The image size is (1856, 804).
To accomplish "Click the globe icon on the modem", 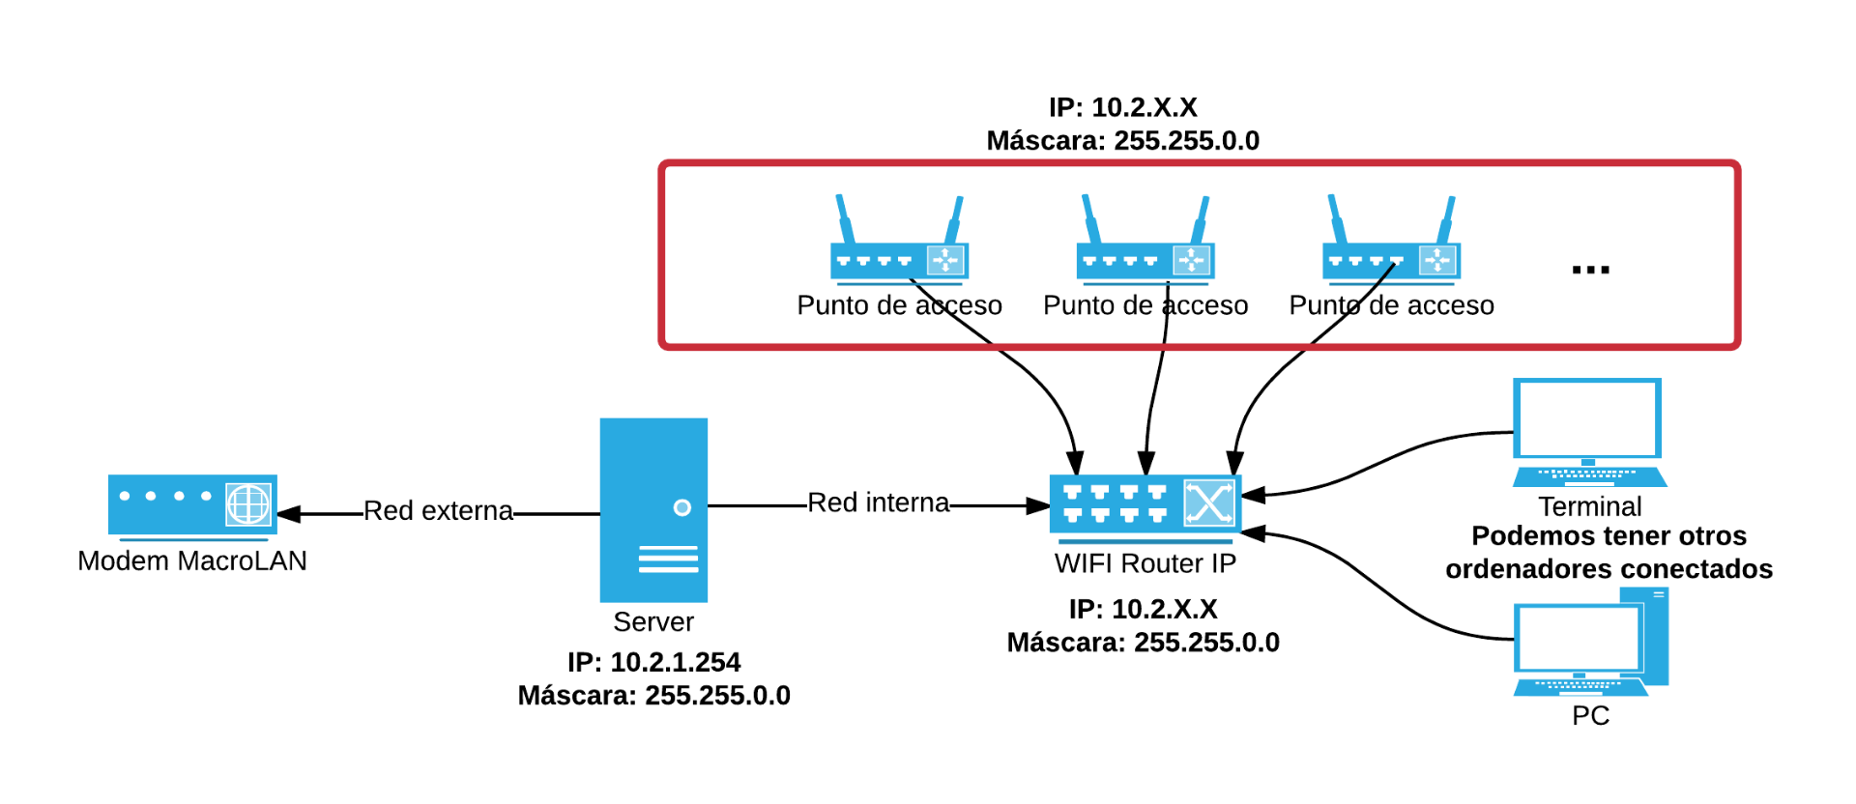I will [248, 504].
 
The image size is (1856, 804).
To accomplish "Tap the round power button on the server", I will [682, 507].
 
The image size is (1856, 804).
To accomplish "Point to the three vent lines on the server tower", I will [668, 560].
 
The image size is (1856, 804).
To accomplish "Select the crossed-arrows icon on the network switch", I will [1209, 502].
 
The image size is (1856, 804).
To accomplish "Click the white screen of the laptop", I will [1587, 418].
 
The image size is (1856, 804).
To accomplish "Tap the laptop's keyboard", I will [1589, 475].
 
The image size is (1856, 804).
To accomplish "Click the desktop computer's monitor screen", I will [1579, 638].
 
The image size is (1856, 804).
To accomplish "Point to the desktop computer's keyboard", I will [1580, 686].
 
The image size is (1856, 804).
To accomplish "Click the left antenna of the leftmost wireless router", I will [845, 217].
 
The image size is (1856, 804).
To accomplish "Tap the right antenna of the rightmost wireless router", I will [1446, 219].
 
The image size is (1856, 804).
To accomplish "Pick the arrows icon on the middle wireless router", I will [1191, 260].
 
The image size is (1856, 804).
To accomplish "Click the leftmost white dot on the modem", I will [125, 496].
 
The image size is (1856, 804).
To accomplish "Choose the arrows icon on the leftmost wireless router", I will [945, 260].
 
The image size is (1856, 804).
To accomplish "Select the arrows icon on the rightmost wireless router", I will [1437, 260].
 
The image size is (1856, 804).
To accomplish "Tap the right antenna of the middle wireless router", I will [1201, 219].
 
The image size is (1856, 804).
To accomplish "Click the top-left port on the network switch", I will [1072, 492].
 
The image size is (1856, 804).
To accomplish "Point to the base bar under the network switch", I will [1145, 542].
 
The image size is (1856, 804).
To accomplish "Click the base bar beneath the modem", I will [193, 540].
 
